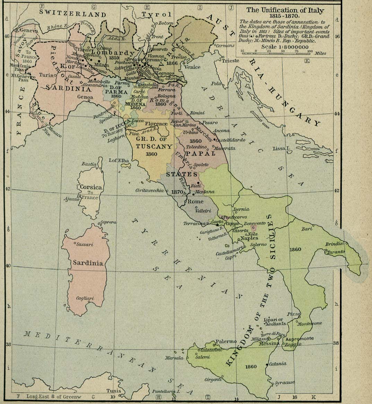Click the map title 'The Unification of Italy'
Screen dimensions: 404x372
[285, 10]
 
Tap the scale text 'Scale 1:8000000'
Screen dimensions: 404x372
[285, 47]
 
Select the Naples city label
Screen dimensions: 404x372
[249, 238]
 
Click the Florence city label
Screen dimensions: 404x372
[156, 124]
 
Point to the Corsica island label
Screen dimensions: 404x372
[91, 187]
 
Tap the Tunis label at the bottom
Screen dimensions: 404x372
[114, 390]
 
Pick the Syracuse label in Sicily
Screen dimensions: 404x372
[285, 382]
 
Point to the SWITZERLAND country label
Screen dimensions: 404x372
[72, 14]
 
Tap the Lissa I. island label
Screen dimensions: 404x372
[281, 148]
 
